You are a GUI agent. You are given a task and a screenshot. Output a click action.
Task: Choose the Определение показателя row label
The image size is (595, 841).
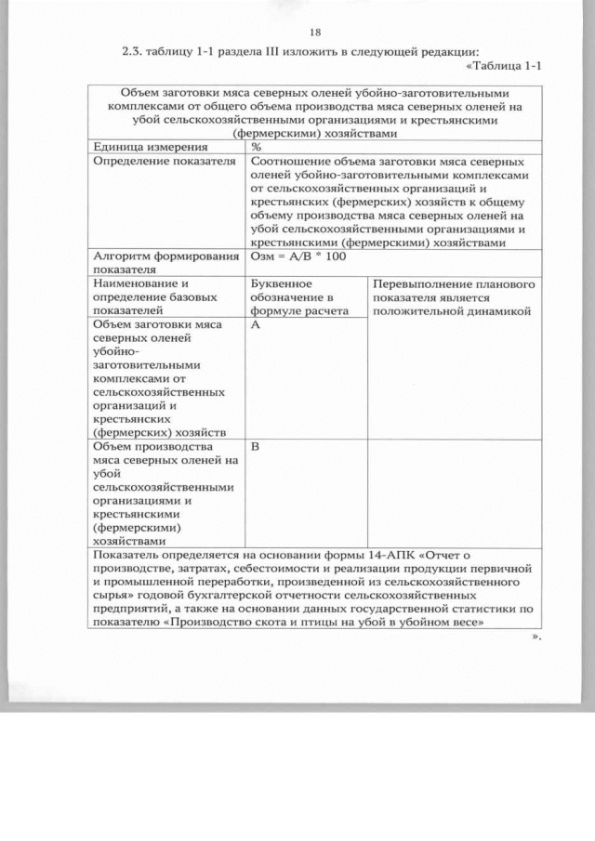[x=149, y=161]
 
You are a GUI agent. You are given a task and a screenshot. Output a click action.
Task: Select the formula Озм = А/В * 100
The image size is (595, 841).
[x=297, y=256]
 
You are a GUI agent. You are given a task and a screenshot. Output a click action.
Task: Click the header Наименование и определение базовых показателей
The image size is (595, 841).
[x=153, y=296]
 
